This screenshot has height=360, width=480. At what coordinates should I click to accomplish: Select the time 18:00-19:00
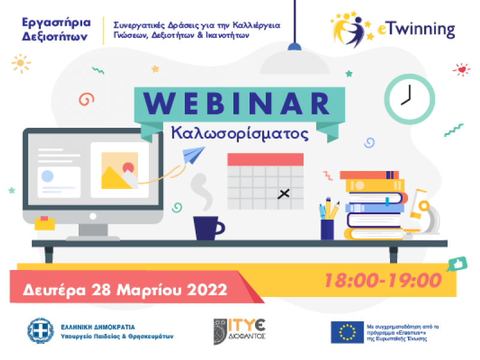(x=383, y=280)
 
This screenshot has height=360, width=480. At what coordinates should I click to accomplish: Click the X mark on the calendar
(x=284, y=193)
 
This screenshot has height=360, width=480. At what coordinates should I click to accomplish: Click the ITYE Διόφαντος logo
(x=240, y=331)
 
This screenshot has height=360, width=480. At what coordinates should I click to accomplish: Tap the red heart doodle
(x=461, y=70)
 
